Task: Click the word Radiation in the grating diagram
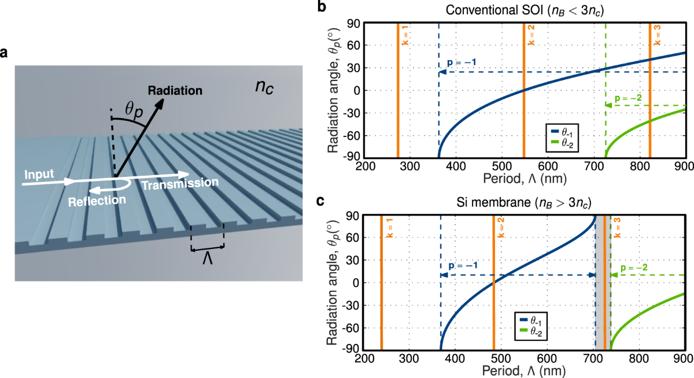tap(175, 91)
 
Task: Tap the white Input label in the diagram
tap(39, 173)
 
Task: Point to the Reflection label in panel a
tap(97, 201)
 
